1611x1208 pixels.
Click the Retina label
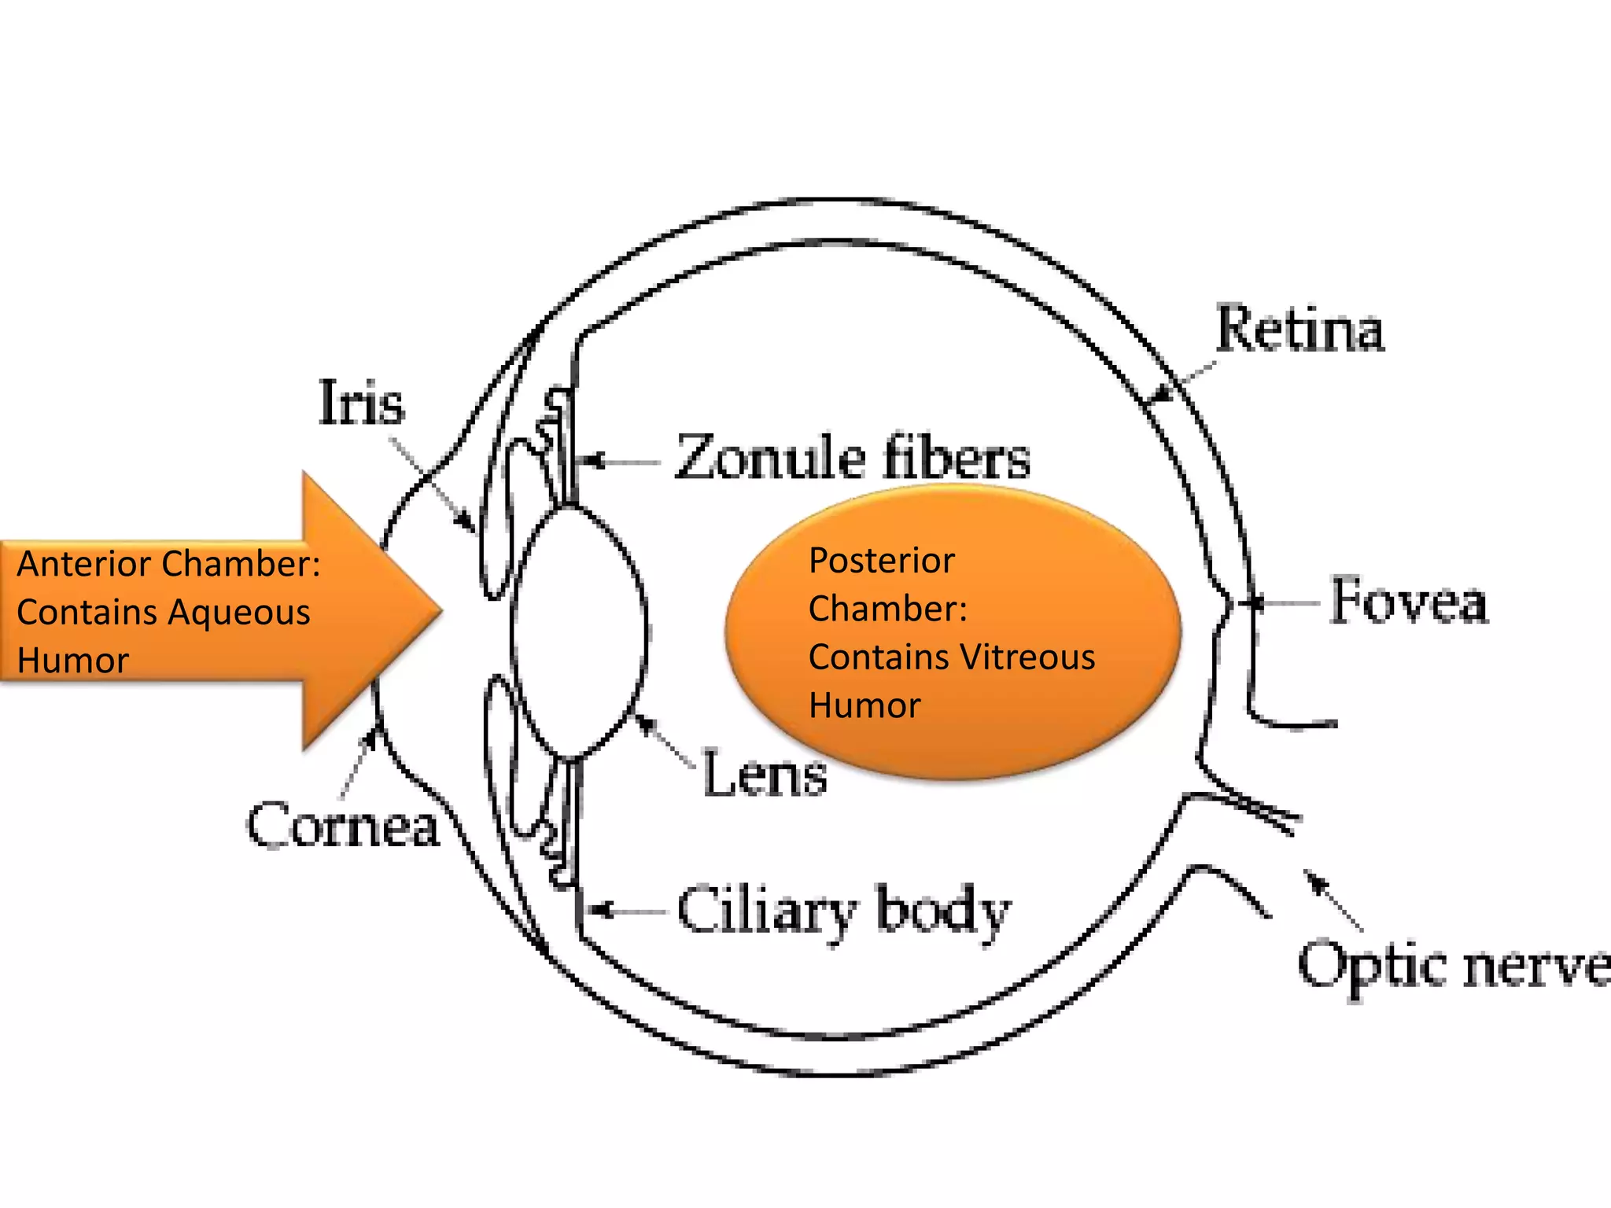point(1299,329)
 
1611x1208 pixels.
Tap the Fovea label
point(1409,602)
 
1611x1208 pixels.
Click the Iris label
point(361,403)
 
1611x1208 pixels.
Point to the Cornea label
point(343,826)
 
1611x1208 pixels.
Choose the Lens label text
point(764,775)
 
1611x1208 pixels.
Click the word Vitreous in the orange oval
point(1030,657)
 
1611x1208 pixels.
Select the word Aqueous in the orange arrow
point(241,612)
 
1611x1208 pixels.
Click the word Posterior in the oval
point(881,561)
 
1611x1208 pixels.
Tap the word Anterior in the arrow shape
point(87,564)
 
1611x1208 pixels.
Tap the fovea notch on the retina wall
point(1227,604)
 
